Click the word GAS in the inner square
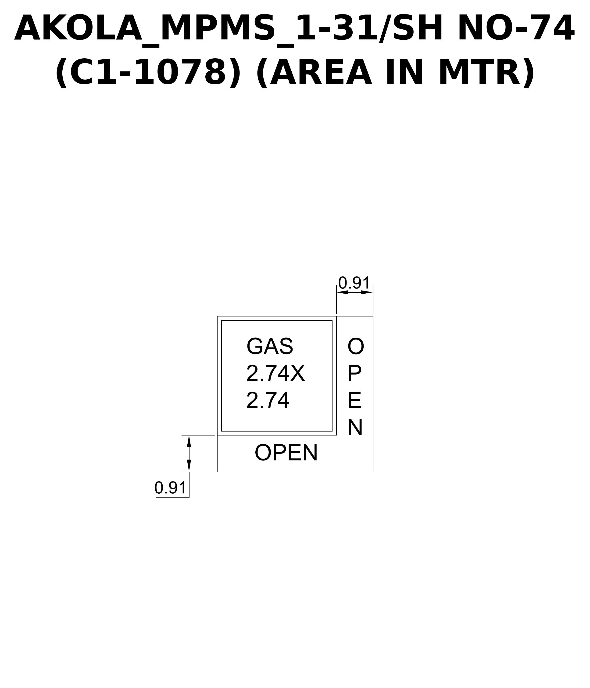coord(270,346)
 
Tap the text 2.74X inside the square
coord(275,374)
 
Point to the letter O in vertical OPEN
coord(356,346)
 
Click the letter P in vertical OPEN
coord(354,374)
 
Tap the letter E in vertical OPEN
coord(354,400)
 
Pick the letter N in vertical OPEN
coord(355,428)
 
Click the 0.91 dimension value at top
coord(354,283)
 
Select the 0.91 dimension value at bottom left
coord(170,488)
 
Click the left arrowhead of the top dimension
coord(342,292)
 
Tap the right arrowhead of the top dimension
coord(367,292)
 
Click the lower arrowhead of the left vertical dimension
coord(189,466)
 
